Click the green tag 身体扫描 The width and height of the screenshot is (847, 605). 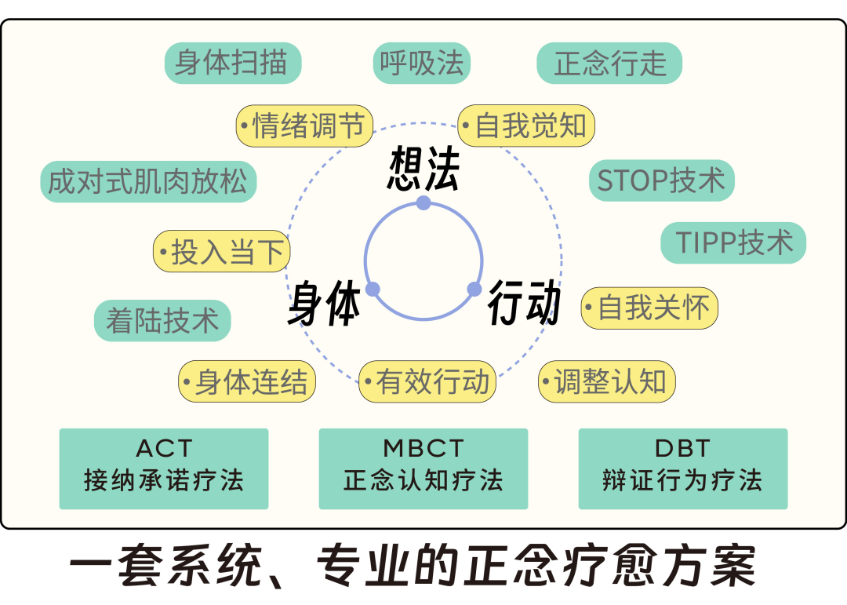coord(233,63)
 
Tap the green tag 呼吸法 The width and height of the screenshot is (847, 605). coord(421,63)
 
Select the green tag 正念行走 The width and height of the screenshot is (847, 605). coord(609,64)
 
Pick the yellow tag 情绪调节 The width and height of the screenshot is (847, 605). coord(304,126)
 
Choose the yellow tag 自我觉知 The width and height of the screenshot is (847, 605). coord(526,126)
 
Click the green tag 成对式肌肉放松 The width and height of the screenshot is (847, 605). coord(148,181)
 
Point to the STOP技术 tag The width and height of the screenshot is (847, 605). coord(661,181)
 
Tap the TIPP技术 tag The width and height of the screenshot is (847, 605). coord(732,243)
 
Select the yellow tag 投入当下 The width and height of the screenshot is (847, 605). coord(222,252)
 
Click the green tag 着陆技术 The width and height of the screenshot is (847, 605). coord(162,320)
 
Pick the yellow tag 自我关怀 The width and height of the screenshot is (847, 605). coord(649,308)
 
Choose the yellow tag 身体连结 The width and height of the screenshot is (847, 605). coord(247,382)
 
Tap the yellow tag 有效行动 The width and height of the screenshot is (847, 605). coord(428,381)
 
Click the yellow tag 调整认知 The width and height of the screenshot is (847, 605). coord(606,382)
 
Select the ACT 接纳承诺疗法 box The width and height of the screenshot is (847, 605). coord(164,468)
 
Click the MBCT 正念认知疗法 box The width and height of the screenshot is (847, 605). coord(423,468)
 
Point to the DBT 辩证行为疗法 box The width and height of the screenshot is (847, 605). coord(682,468)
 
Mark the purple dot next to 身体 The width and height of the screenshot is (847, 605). coord(373,289)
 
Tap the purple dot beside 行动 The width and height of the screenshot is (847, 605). coord(474,289)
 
